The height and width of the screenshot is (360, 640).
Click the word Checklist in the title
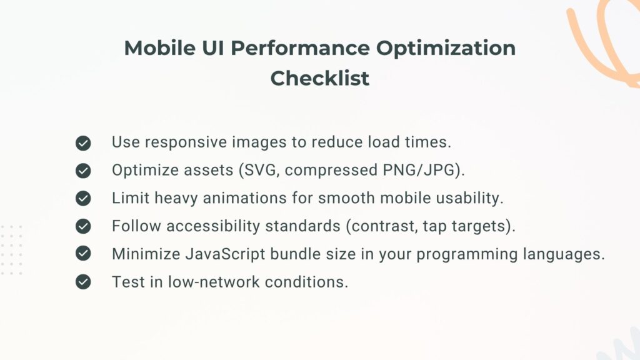(319, 79)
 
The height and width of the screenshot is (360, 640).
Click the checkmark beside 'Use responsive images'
(83, 143)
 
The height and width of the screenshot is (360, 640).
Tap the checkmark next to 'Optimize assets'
(83, 171)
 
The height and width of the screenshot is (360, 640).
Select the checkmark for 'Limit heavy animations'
(83, 199)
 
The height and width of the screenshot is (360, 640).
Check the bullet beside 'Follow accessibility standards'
(83, 226)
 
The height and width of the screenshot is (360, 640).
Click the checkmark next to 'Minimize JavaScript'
(83, 254)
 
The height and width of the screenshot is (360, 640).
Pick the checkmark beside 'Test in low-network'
(83, 282)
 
